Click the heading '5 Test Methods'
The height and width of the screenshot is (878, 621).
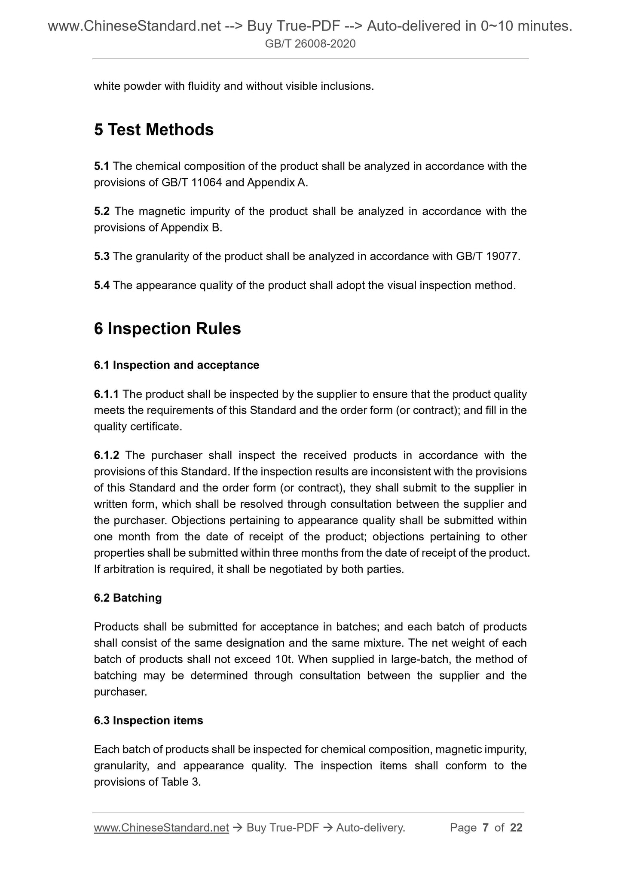click(153, 130)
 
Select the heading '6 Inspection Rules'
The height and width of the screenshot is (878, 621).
click(167, 329)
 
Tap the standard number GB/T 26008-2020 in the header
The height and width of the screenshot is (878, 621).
click(310, 43)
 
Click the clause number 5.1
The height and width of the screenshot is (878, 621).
click(101, 166)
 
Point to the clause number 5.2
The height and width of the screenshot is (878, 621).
click(102, 211)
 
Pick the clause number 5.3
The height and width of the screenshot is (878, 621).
click(102, 256)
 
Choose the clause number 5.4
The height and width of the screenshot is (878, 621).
click(102, 285)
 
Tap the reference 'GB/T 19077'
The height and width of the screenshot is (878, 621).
click(486, 256)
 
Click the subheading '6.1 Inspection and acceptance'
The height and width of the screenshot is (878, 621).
click(176, 365)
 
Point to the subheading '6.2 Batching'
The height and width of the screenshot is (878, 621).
click(128, 598)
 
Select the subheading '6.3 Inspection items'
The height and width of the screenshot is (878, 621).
click(148, 720)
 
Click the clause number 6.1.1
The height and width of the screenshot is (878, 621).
click(106, 394)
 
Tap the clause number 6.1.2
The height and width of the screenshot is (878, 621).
click(107, 455)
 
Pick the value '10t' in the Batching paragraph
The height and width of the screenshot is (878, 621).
click(283, 659)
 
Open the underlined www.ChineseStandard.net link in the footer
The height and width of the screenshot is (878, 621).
click(161, 828)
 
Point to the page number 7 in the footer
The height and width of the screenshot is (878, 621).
click(486, 828)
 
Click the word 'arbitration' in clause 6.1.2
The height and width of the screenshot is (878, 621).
click(124, 570)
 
